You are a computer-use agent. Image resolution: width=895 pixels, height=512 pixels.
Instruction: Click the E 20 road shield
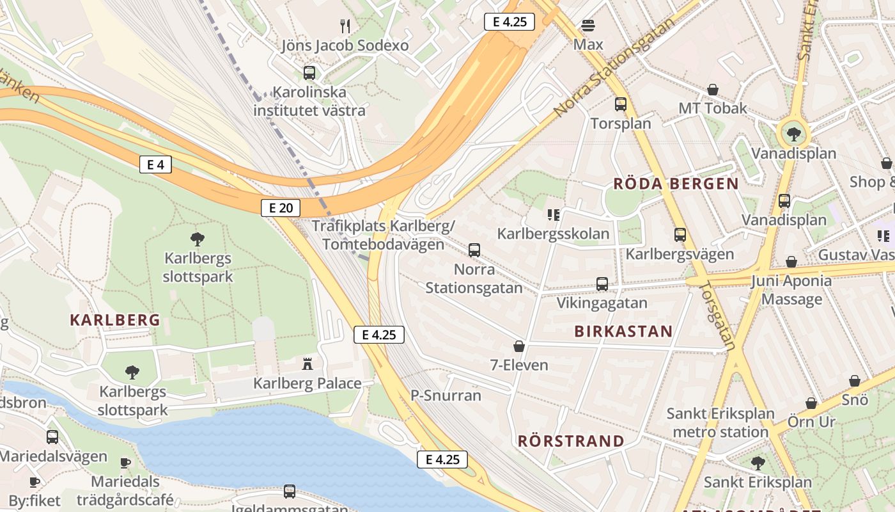[281, 207]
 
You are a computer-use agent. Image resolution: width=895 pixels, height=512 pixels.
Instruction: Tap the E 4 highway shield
[155, 164]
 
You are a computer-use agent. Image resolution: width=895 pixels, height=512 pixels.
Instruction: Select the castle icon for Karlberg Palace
[307, 364]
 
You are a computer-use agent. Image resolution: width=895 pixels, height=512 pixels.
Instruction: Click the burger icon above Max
[588, 26]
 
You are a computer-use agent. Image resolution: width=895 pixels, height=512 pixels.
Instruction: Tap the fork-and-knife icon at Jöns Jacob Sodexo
[345, 26]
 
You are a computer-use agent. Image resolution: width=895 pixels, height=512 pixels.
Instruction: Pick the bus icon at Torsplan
[621, 104]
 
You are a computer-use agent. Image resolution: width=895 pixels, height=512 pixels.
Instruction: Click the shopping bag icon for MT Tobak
[713, 90]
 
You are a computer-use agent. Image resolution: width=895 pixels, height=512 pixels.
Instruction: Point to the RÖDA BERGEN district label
[676, 184]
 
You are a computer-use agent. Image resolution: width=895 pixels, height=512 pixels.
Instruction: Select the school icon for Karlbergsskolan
[553, 214]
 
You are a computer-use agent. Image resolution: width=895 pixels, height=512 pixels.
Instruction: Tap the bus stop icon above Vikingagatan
[602, 284]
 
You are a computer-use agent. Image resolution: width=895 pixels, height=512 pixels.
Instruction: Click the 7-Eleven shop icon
[519, 346]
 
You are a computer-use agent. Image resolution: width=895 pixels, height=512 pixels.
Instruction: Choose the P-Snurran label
[446, 396]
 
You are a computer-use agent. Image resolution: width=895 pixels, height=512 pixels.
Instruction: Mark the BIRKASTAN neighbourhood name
[623, 331]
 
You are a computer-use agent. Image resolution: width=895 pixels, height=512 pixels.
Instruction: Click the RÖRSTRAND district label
[571, 441]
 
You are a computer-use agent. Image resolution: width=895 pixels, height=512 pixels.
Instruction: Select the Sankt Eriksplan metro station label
[720, 422]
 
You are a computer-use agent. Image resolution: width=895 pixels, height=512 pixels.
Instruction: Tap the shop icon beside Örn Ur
[811, 403]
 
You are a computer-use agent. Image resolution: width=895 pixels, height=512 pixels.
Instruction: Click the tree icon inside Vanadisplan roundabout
[793, 134]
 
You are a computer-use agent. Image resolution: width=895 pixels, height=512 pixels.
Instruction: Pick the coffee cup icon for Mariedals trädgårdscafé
[125, 462]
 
